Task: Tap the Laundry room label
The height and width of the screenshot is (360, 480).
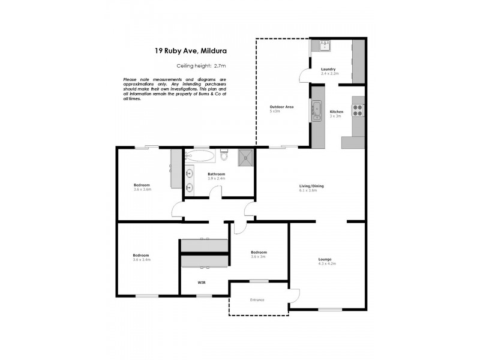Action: pyautogui.click(x=328, y=70)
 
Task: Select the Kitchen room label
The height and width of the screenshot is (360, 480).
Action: pyautogui.click(x=336, y=112)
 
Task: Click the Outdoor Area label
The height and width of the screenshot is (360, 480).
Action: pyautogui.click(x=281, y=107)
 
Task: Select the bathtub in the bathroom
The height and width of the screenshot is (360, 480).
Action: pyautogui.click(x=200, y=157)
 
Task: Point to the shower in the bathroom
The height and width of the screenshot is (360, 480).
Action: pyautogui.click(x=245, y=157)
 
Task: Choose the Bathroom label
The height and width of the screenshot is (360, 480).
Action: pyautogui.click(x=216, y=174)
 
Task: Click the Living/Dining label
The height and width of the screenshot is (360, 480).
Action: pyautogui.click(x=311, y=186)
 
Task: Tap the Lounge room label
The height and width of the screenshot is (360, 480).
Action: pyautogui.click(x=325, y=259)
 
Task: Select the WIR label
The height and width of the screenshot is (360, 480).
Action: pyautogui.click(x=202, y=281)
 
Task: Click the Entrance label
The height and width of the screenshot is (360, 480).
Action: pyautogui.click(x=257, y=299)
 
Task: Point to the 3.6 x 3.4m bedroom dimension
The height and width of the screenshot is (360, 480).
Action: pyautogui.click(x=142, y=260)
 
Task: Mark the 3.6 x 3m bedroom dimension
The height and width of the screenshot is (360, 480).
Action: pyautogui.click(x=259, y=256)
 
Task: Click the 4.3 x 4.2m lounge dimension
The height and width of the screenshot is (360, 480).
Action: pyautogui.click(x=327, y=263)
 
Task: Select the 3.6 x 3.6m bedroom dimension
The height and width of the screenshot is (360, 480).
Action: pyautogui.click(x=142, y=189)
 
